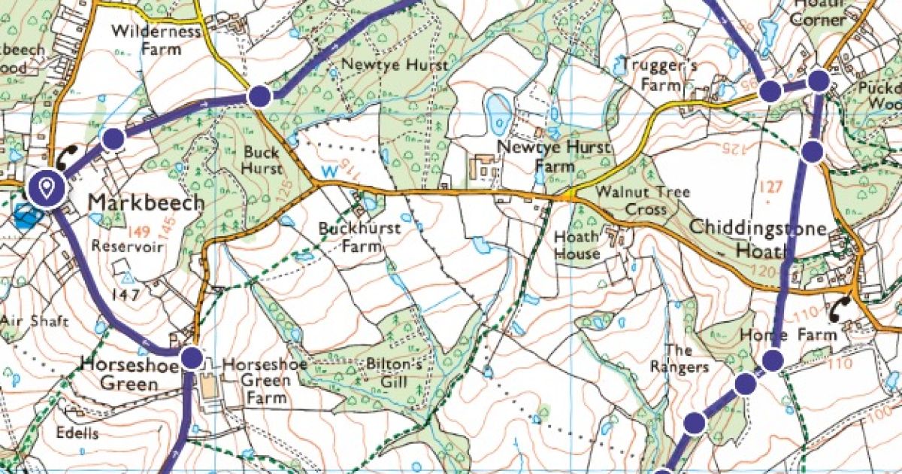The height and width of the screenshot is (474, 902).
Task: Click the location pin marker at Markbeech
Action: pos(47,187)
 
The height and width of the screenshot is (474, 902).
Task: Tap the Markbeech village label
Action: pos(146,203)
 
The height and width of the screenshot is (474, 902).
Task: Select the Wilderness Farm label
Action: pos(156,40)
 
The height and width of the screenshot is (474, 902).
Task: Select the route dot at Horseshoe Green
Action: pos(192,357)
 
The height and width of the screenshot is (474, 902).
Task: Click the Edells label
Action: pos(77,433)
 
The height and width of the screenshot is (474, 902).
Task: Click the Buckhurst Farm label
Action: pos(359,236)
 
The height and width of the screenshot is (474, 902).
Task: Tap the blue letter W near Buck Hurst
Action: pos(328,172)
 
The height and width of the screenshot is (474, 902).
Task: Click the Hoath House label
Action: pos(577,245)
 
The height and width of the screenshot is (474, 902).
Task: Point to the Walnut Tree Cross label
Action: pos(642,201)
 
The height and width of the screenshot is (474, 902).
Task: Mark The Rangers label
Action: pos(687,359)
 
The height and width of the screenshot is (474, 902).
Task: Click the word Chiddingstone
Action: pos(758,227)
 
